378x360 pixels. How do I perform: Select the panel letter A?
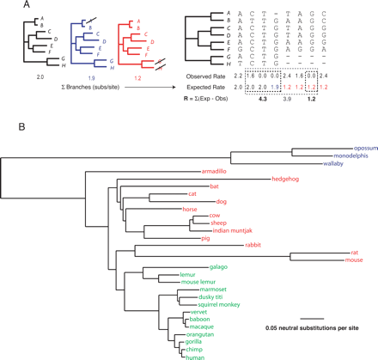click(7, 7)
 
